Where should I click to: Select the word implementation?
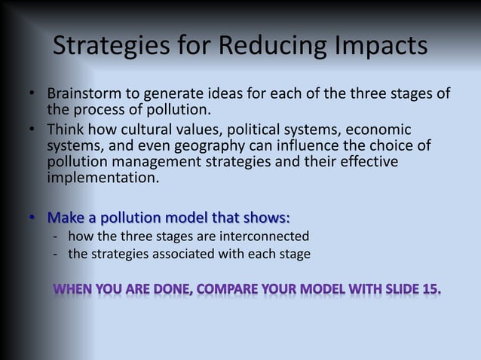pos(102,178)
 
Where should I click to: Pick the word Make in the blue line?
pos(65,218)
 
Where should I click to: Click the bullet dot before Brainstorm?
pos(32,96)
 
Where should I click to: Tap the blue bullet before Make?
pos(32,218)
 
